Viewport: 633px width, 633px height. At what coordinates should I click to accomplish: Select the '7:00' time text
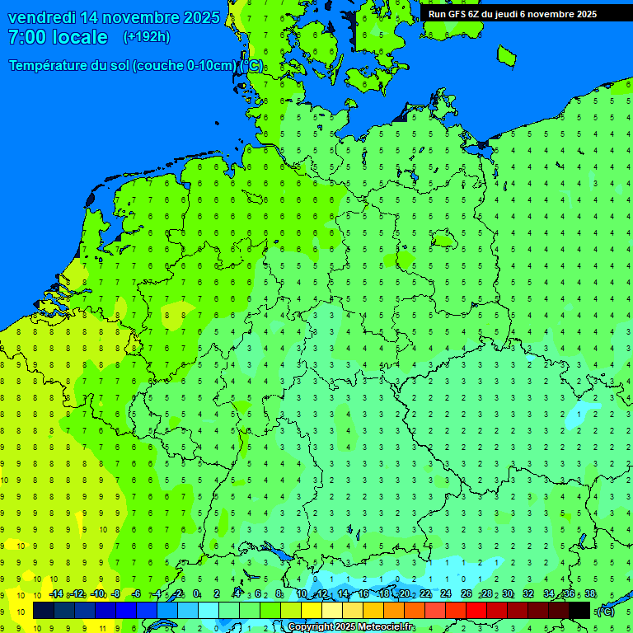28,37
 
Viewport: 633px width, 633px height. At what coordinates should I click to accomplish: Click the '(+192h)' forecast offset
147,37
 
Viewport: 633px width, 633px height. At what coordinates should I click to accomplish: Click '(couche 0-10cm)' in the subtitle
184,66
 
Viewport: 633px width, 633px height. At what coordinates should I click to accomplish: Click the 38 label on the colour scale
590,594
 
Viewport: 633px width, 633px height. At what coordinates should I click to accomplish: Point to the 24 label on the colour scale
446,594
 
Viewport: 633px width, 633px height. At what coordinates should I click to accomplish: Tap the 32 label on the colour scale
528,594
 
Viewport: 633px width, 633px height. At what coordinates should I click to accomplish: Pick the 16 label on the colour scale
363,594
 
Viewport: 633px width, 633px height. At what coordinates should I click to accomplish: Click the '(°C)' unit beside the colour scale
606,611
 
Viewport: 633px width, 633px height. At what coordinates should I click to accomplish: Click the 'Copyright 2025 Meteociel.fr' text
351,627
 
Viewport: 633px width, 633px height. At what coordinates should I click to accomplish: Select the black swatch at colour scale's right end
579,610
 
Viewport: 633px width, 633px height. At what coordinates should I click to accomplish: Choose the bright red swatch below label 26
476,610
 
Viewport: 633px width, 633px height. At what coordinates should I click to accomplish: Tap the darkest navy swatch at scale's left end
44,610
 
